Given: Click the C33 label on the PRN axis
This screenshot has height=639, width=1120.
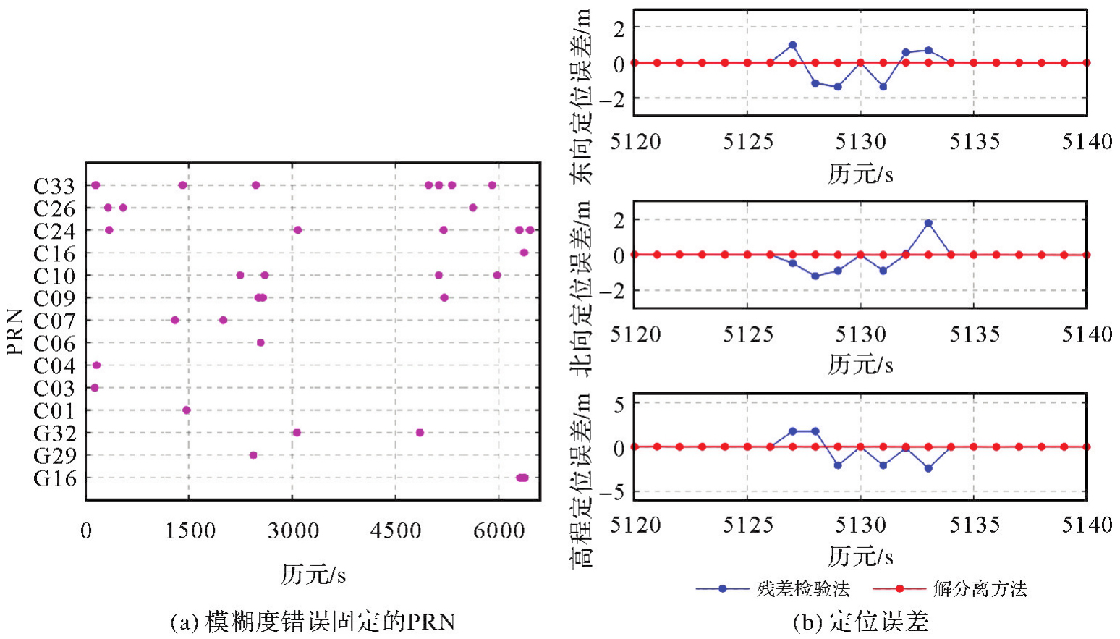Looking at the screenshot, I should [54, 186].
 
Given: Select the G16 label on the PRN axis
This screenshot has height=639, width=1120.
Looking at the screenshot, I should [54, 478].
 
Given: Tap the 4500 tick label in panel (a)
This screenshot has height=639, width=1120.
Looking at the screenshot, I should [395, 530].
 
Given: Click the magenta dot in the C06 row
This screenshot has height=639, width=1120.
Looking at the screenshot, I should [260, 343].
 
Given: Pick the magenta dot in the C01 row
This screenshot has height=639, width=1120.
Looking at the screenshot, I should [187, 410].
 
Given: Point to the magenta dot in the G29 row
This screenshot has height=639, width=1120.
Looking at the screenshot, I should [253, 455].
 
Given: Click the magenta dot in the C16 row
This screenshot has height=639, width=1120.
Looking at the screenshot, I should [525, 253].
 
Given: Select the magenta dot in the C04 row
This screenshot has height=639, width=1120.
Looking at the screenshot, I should [96, 365].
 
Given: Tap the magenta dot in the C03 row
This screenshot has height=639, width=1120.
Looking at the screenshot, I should [94, 388].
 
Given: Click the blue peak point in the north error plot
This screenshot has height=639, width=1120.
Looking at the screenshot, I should [928, 223].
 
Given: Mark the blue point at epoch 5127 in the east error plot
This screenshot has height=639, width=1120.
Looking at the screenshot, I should [793, 45].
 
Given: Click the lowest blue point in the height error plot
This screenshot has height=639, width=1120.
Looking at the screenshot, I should [928, 468].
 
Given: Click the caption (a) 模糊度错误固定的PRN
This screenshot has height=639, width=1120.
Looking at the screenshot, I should [313, 622].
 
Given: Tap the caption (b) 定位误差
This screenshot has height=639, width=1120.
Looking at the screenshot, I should [860, 622].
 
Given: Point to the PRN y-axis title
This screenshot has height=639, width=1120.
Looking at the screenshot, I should [15, 332].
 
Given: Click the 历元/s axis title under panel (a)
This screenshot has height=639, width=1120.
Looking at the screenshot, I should [313, 575].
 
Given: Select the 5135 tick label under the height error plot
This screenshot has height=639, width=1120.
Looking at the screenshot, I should [974, 525].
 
